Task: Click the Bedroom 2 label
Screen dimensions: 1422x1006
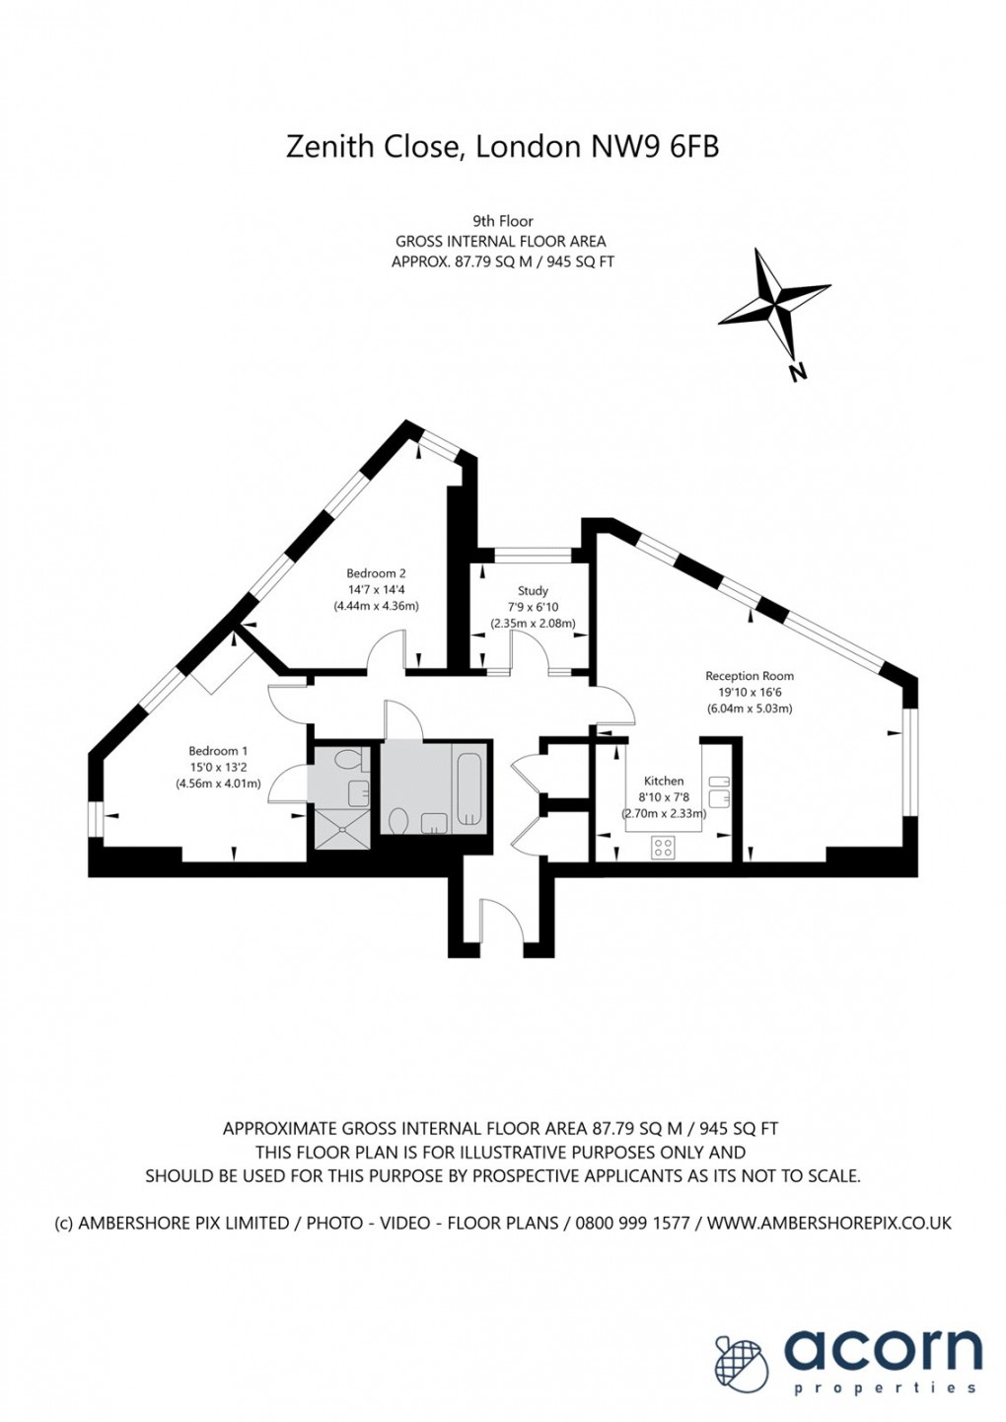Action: (376, 573)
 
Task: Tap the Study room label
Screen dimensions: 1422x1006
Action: (533, 591)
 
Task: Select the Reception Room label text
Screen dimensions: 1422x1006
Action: (750, 676)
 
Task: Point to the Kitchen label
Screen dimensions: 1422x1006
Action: (664, 781)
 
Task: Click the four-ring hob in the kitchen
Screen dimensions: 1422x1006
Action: (664, 846)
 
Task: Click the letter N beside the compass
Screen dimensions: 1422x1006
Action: (798, 372)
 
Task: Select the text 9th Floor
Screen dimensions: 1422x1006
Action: (502, 221)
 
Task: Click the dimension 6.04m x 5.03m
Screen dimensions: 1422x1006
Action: (750, 709)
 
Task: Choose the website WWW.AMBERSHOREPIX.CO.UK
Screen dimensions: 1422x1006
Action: (829, 1223)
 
